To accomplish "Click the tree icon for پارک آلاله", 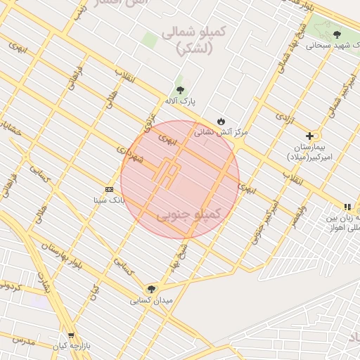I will point(180,90).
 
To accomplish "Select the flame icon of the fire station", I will point(221,121).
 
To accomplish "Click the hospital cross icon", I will point(309,136).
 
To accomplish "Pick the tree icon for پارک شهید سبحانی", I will point(337,34).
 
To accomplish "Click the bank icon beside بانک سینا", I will point(109,189).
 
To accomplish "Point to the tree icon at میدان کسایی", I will point(150,289).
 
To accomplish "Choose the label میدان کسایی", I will point(150,301).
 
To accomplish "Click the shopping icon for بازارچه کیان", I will point(70,335).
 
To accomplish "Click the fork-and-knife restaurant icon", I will point(346,207).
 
